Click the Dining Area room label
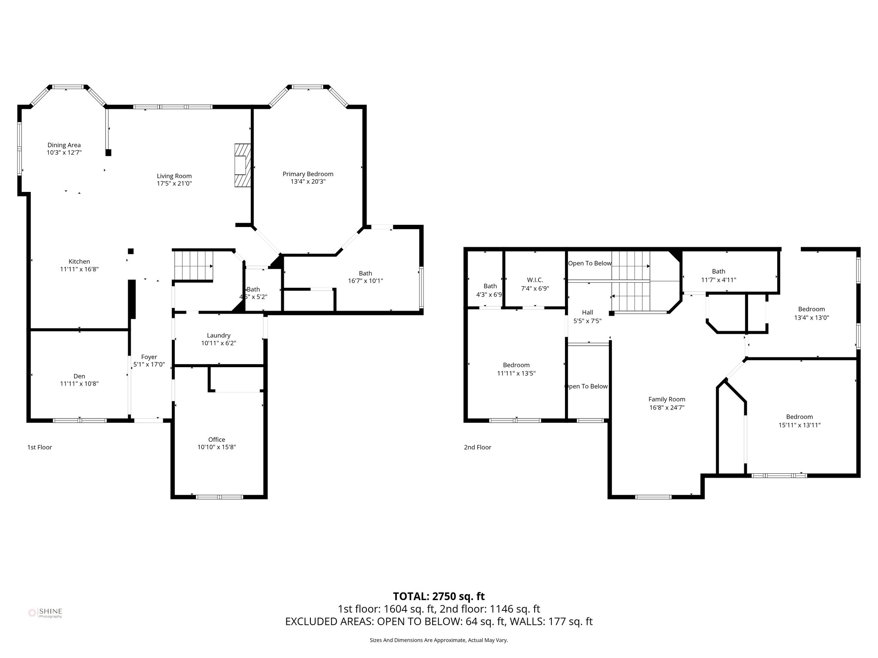click(x=64, y=145)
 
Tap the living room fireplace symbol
click(x=242, y=165)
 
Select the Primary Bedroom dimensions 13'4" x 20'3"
click(x=308, y=182)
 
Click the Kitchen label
click(x=79, y=262)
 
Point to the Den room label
click(x=79, y=376)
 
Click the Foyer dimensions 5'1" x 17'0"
click(x=149, y=365)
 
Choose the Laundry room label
click(x=219, y=335)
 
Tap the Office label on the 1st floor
click(x=216, y=440)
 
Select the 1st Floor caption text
click(x=39, y=447)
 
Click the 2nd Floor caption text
click(x=477, y=447)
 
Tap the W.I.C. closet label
click(x=535, y=280)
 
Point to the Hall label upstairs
click(x=587, y=313)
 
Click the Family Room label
click(x=667, y=399)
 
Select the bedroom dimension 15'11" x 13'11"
click(x=799, y=425)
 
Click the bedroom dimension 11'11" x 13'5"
click(x=516, y=374)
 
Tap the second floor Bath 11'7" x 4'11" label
click(x=719, y=272)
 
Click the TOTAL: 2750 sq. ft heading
click(x=439, y=596)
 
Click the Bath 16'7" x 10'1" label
click(x=365, y=273)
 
